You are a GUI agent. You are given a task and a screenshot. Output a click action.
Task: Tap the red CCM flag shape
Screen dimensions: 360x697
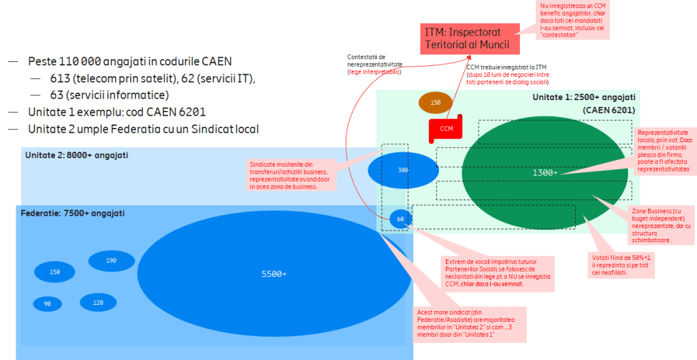446,129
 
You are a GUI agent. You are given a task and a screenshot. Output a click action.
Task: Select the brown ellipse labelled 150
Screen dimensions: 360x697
436,103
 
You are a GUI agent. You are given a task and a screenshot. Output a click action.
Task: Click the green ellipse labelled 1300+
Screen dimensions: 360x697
545,173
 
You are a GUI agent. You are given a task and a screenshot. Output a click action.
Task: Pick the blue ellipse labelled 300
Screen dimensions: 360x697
403,170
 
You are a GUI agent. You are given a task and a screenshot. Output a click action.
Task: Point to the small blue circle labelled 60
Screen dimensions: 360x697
400,219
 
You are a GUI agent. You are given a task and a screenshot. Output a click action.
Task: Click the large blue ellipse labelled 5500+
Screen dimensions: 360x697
274,274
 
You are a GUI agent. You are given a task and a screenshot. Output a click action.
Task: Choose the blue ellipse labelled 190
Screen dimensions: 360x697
111,261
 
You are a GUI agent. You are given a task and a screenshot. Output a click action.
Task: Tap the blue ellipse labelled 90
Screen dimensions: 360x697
48,304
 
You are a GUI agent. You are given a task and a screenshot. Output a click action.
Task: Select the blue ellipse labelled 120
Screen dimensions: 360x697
98,303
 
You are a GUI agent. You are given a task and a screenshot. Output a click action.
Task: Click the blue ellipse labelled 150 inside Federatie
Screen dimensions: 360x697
55,272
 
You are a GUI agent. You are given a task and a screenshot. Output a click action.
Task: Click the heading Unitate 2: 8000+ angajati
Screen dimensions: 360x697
76,155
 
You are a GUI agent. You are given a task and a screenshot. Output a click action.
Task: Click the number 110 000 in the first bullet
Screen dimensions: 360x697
84,61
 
